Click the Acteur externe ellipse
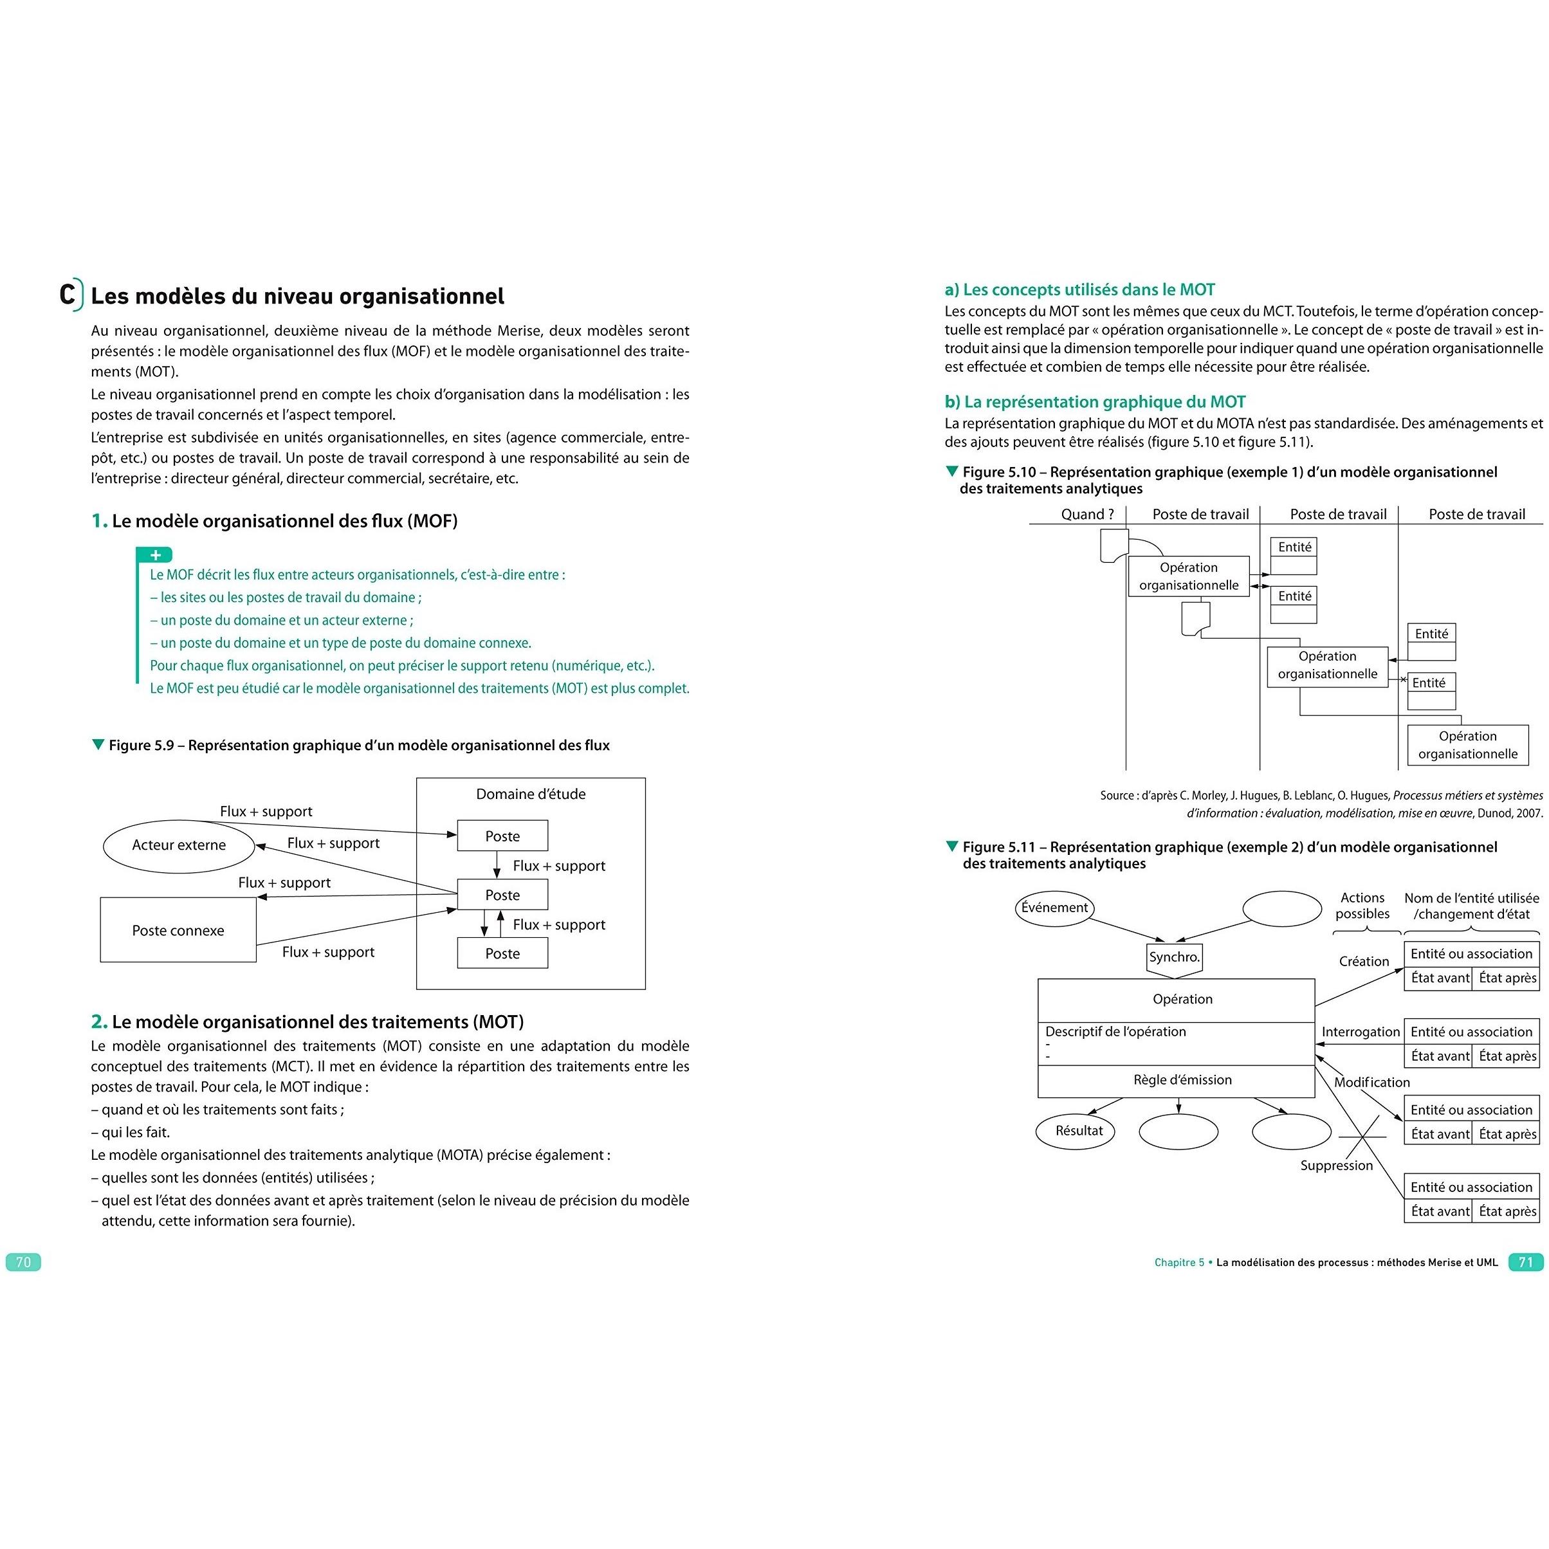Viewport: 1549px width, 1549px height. click(179, 845)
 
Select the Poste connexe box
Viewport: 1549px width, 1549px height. click(178, 930)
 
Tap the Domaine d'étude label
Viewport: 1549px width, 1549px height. click(531, 794)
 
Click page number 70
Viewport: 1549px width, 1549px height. click(23, 1262)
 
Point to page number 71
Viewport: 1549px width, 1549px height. click(1525, 1262)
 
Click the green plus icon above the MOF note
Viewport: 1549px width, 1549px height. click(156, 555)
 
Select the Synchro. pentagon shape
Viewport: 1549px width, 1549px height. click(1175, 958)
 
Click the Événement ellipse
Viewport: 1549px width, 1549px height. click(1054, 908)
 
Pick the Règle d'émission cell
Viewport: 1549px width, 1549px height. click(1182, 1080)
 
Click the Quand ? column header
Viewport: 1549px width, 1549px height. click(1087, 515)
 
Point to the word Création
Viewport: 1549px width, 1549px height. click(1364, 961)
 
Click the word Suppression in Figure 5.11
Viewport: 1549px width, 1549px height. click(1337, 1165)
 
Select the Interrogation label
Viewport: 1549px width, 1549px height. click(1361, 1032)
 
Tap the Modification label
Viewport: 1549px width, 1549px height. click(1372, 1083)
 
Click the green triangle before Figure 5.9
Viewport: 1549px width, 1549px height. click(98, 745)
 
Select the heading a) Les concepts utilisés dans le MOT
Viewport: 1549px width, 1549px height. click(1079, 289)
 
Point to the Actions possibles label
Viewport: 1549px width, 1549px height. click(1362, 906)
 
